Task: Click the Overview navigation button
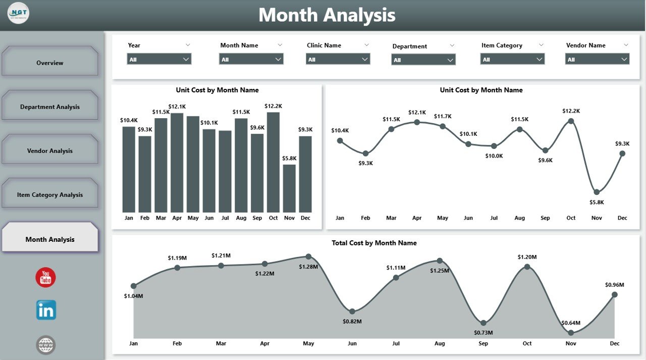point(50,63)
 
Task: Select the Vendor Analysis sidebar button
point(50,150)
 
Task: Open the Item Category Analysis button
point(50,194)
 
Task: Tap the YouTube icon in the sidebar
point(45,277)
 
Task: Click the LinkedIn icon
point(46,310)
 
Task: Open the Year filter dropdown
point(159,59)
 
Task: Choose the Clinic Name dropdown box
point(338,59)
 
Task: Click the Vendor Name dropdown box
point(597,59)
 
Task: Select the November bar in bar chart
point(289,188)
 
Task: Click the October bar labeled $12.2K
point(273,162)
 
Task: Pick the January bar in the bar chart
point(129,169)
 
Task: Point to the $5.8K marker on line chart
point(597,192)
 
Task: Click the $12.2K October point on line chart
point(571,121)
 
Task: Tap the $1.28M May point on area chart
point(308,256)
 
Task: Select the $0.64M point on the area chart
point(571,333)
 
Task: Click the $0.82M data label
point(352,321)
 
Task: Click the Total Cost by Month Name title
point(374,243)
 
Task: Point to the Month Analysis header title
point(327,15)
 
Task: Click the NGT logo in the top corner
point(19,13)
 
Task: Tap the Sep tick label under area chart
point(483,343)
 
